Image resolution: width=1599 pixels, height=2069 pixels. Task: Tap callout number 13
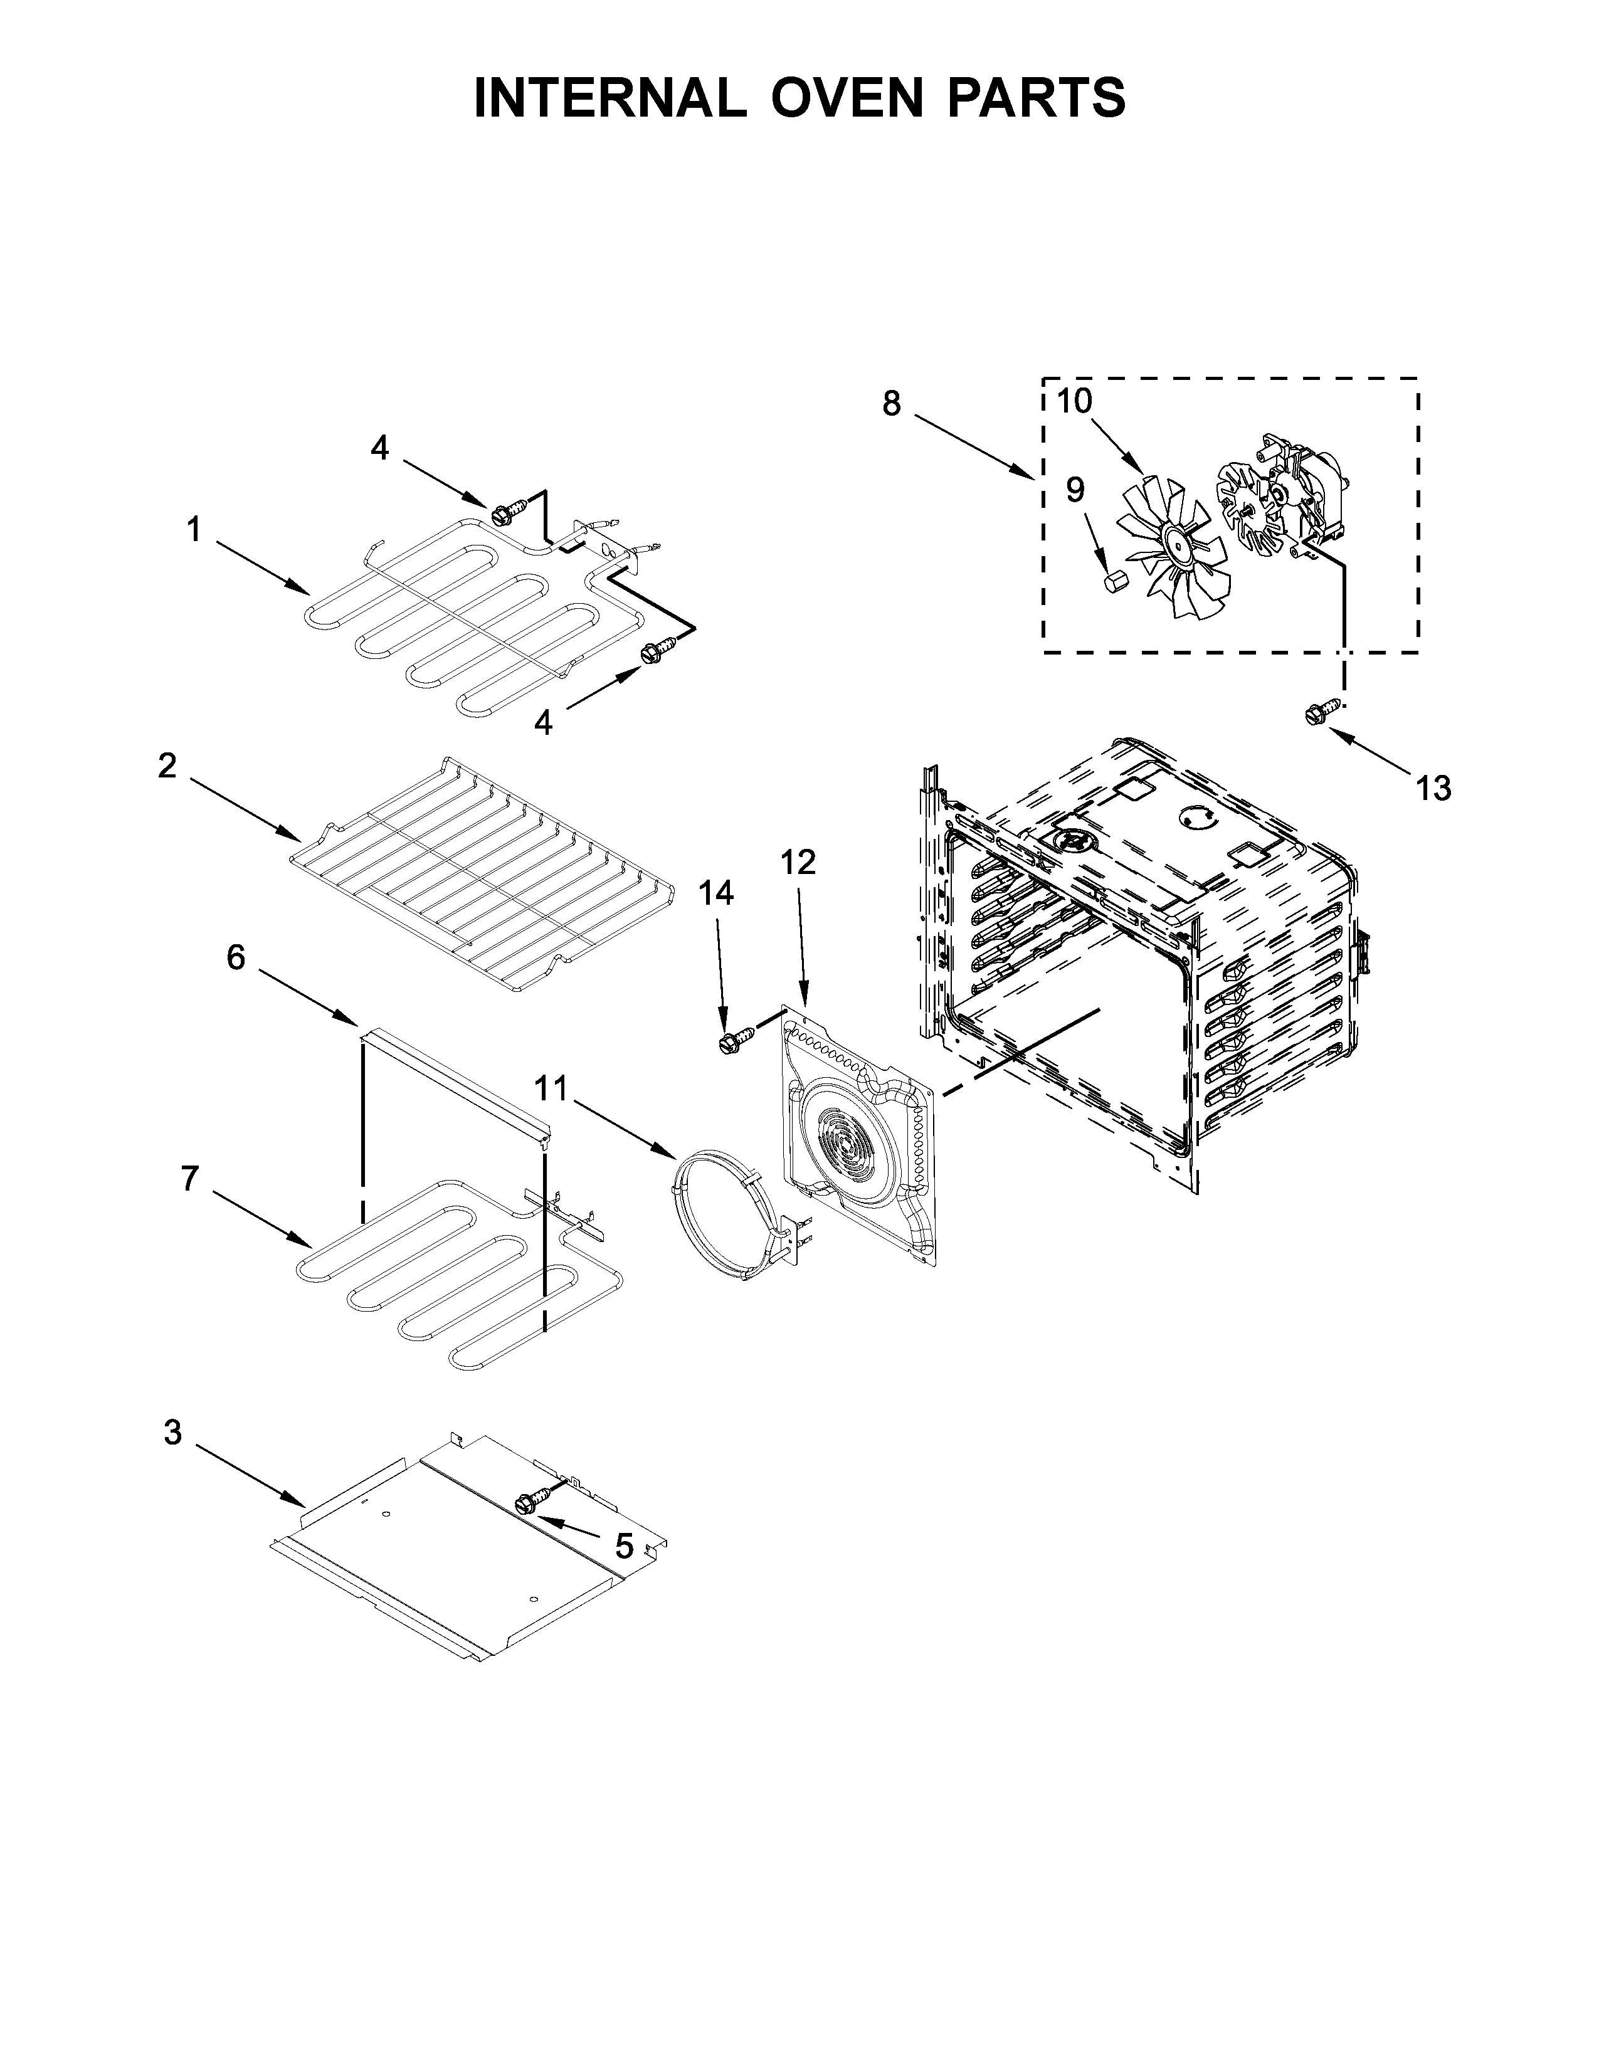[1433, 787]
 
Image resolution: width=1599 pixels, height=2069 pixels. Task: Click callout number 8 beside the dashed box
[892, 404]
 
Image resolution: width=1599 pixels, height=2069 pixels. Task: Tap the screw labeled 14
[735, 1040]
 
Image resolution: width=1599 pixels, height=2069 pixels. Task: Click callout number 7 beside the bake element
[191, 1179]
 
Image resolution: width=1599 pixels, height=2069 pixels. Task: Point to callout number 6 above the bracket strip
[236, 958]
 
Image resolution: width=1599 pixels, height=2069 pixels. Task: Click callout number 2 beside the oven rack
[167, 766]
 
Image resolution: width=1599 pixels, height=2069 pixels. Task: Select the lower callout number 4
[543, 723]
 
